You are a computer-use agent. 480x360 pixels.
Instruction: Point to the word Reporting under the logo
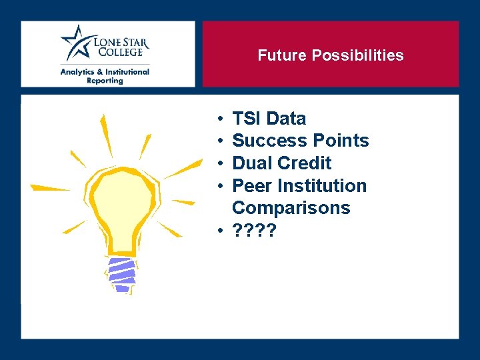tap(105, 81)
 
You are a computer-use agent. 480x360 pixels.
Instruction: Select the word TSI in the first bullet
tap(247, 119)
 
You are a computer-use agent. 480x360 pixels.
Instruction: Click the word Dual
tap(252, 163)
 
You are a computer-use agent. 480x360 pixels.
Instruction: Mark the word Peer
tap(251, 185)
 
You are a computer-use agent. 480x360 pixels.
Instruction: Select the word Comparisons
tap(291, 207)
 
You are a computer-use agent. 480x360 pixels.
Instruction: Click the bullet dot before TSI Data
tap(219, 119)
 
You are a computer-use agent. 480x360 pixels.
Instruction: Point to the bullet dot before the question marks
tap(219, 231)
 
